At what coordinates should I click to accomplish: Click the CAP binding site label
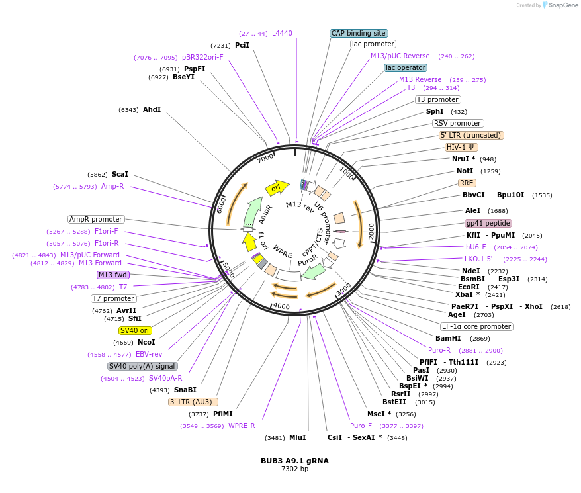coord(358,33)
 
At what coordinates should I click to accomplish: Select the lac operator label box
coord(406,67)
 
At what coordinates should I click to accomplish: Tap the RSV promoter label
coord(458,123)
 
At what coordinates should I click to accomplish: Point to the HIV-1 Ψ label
coord(461,147)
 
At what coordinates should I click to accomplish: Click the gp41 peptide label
coord(488,223)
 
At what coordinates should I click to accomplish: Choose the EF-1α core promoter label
coord(476,326)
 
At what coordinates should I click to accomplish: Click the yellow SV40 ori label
coord(134,330)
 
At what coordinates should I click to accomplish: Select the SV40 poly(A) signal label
coord(142,366)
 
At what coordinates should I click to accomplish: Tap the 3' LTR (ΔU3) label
coord(193,402)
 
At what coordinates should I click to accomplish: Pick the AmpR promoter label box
coord(96,219)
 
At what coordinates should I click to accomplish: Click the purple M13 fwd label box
coord(112,275)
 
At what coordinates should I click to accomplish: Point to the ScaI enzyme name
coord(120,174)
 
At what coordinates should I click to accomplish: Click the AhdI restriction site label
coord(152,109)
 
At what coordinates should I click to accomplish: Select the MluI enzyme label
coord(297,437)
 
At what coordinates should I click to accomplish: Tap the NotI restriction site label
coord(465,171)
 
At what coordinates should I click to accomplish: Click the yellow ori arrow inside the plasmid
coord(277,188)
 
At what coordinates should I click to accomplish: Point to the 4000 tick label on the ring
coord(281,306)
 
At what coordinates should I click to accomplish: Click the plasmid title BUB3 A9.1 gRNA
coord(294,460)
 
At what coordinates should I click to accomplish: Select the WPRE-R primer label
coord(242,426)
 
